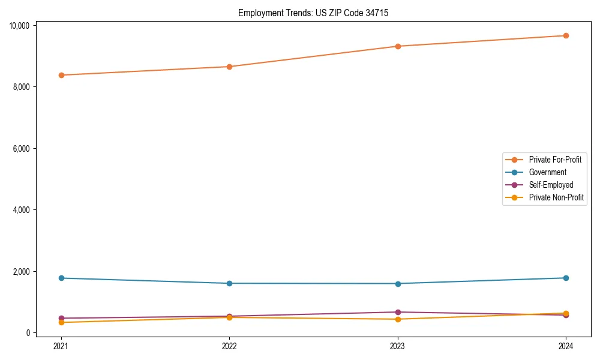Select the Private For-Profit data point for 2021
(61, 75)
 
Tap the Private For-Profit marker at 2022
(229, 67)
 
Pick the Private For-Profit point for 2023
(398, 46)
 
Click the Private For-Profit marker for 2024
(566, 35)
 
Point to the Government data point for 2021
(61, 278)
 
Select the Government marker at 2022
(229, 283)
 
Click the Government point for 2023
(398, 284)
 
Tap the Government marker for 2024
(566, 278)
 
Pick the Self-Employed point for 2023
(398, 312)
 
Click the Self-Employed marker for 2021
(61, 318)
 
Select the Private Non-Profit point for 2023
(398, 319)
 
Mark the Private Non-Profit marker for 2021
(61, 322)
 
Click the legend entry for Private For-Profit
(555, 160)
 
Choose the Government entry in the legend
(547, 172)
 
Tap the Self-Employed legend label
(551, 185)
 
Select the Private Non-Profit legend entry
(556, 197)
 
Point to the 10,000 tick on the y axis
(19, 25)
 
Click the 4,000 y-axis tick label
(21, 210)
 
